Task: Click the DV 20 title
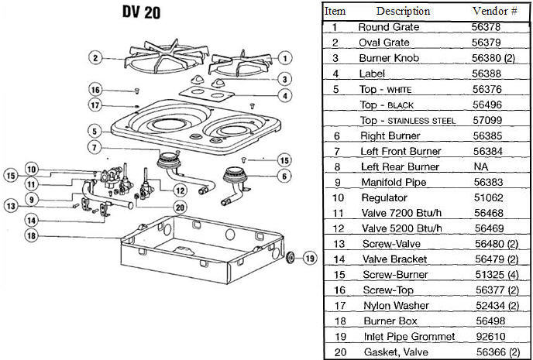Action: point(141,14)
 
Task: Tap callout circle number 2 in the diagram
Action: point(95,57)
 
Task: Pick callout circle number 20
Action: point(180,207)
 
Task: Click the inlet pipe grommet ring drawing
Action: point(290,258)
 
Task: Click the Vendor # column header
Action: point(493,12)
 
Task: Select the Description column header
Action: point(403,12)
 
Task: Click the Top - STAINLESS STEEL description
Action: point(408,120)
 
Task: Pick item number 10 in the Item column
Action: point(335,197)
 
